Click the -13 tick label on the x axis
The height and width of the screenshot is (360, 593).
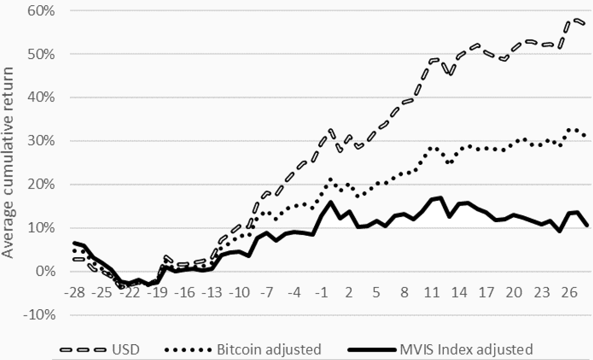(x=214, y=291)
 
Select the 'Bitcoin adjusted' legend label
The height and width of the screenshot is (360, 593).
(x=269, y=350)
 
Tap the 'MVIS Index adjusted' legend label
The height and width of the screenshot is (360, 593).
(x=466, y=350)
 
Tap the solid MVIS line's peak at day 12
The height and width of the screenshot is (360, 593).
(x=440, y=197)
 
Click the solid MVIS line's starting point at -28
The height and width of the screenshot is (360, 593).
(x=75, y=242)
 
